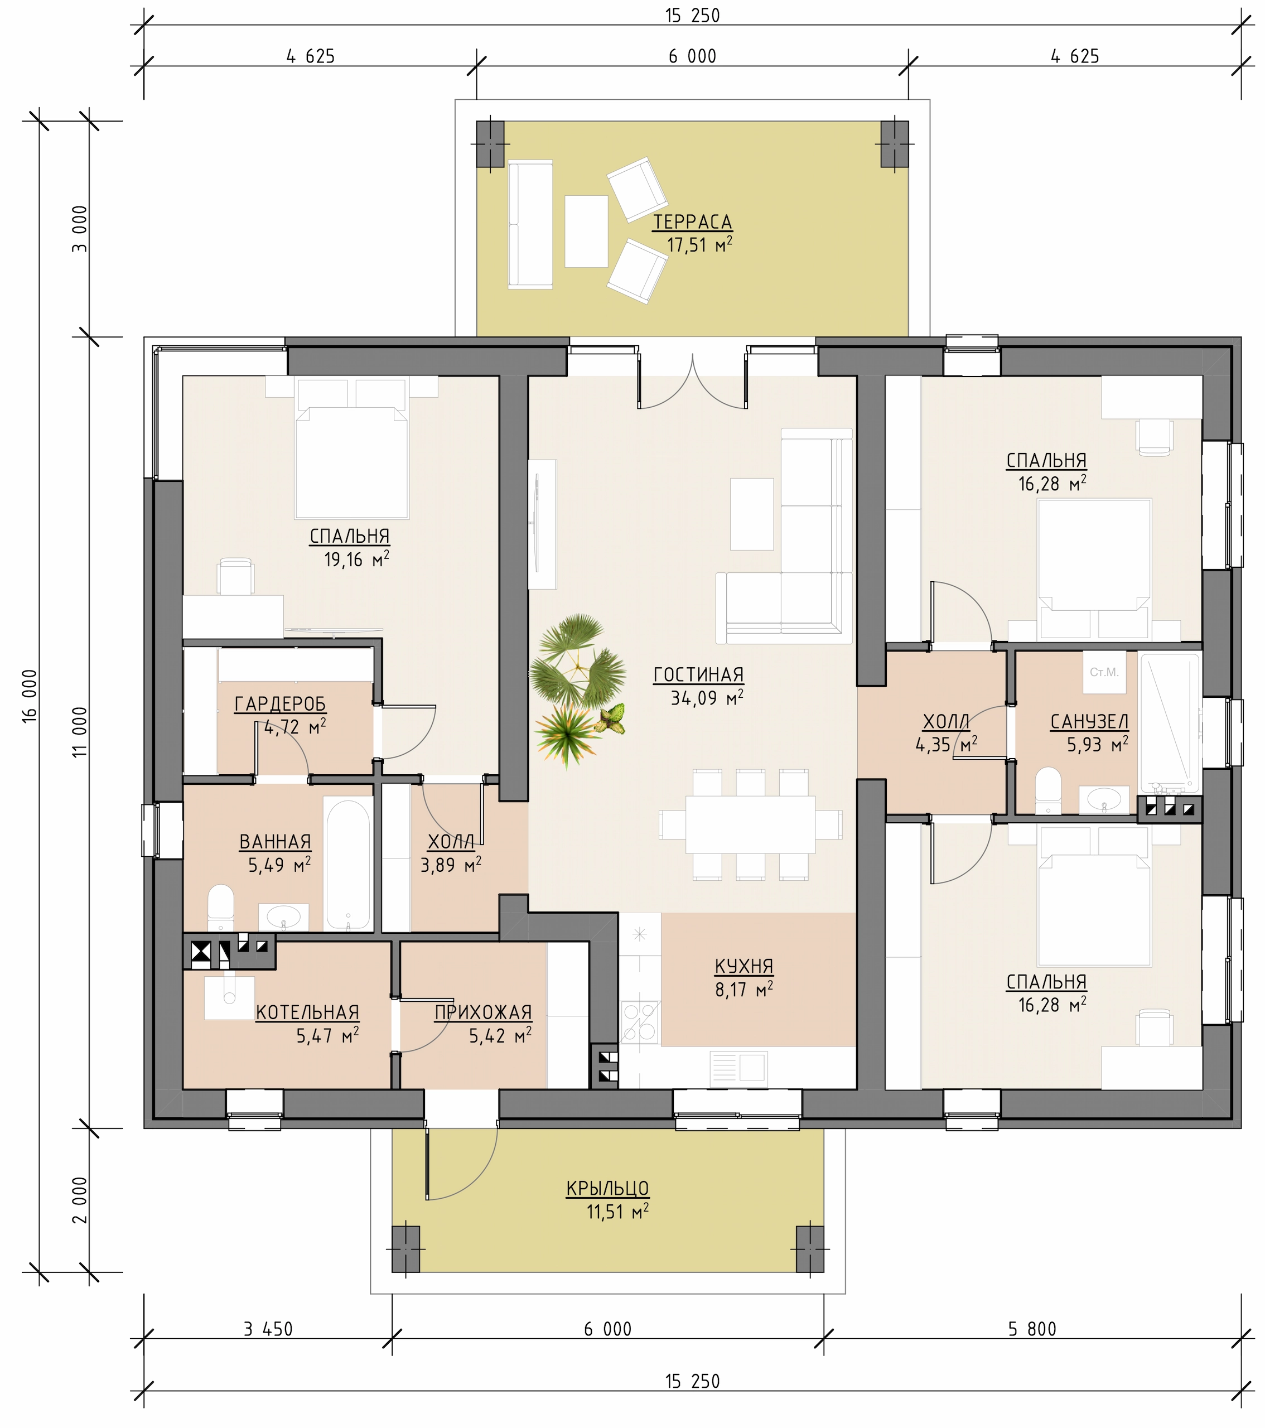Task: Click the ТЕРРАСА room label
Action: pyautogui.click(x=692, y=222)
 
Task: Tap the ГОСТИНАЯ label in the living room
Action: pyautogui.click(x=698, y=675)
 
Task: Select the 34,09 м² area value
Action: pyautogui.click(x=707, y=697)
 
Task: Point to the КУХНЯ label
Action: pyautogui.click(x=744, y=966)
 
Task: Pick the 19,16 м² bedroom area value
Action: pyautogui.click(x=356, y=559)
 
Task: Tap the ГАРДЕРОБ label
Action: pyautogui.click(x=280, y=704)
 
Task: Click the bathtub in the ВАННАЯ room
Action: pyautogui.click(x=348, y=865)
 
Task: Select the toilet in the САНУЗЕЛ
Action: pyautogui.click(x=1048, y=791)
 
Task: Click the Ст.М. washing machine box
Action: pyautogui.click(x=1104, y=672)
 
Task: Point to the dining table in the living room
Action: pyautogui.click(x=750, y=824)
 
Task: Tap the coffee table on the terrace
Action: pyautogui.click(x=586, y=231)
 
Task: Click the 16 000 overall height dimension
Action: pyautogui.click(x=30, y=696)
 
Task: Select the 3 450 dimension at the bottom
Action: pyautogui.click(x=268, y=1329)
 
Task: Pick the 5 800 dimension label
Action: pyautogui.click(x=1032, y=1329)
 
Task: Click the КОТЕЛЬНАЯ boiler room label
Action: pyautogui.click(x=307, y=1012)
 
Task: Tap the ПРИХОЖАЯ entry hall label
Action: pyautogui.click(x=484, y=1012)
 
